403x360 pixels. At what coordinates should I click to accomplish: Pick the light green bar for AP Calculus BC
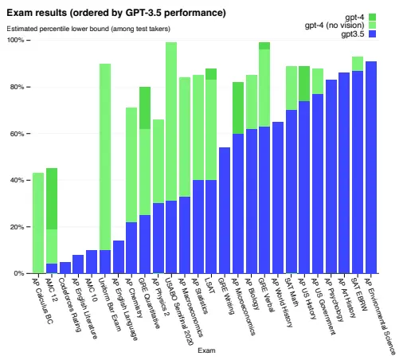point(38,223)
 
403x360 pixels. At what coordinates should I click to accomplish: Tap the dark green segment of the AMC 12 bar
point(52,199)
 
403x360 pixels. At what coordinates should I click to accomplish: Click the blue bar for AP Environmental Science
point(371,167)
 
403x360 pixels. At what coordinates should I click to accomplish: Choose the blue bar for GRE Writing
point(225,210)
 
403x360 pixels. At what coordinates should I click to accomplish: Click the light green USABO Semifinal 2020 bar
point(171,119)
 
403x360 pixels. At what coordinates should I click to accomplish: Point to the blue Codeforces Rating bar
point(65,268)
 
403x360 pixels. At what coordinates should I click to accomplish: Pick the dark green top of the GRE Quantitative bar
point(145,108)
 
